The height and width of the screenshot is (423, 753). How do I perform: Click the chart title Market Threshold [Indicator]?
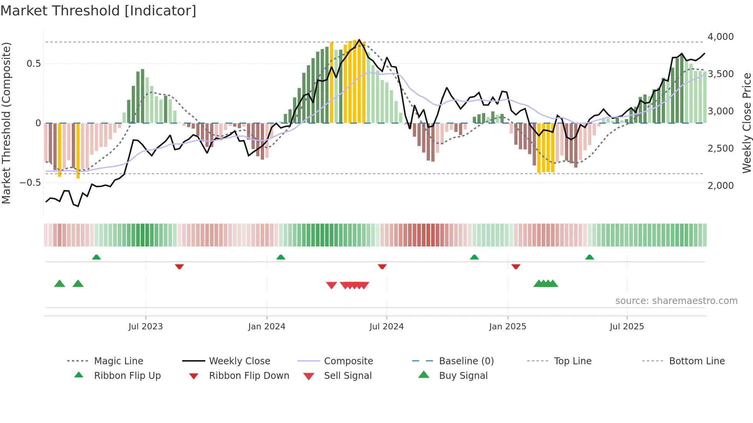(x=98, y=11)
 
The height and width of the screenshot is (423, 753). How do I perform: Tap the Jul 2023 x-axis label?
(x=146, y=327)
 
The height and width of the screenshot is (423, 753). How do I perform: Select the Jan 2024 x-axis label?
(x=267, y=327)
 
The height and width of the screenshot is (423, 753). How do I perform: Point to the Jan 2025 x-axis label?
(x=508, y=327)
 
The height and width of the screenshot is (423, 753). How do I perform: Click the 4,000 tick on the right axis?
(x=720, y=37)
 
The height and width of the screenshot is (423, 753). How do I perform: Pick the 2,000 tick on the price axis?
(x=720, y=186)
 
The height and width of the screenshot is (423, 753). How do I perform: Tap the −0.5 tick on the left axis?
(x=30, y=183)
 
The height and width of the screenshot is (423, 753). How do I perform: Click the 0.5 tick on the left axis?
(x=33, y=64)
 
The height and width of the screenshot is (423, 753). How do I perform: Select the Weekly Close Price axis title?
(x=746, y=123)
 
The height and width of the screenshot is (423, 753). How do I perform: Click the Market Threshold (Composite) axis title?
(x=6, y=123)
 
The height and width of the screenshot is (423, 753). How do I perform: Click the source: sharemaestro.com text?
(x=676, y=301)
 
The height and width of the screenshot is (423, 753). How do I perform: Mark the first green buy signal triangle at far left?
(x=60, y=284)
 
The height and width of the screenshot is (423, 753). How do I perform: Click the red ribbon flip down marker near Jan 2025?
(x=516, y=266)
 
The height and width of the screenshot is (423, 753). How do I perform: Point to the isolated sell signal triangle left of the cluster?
(x=331, y=285)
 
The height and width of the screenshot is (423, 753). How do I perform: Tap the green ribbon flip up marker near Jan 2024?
(x=281, y=257)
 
